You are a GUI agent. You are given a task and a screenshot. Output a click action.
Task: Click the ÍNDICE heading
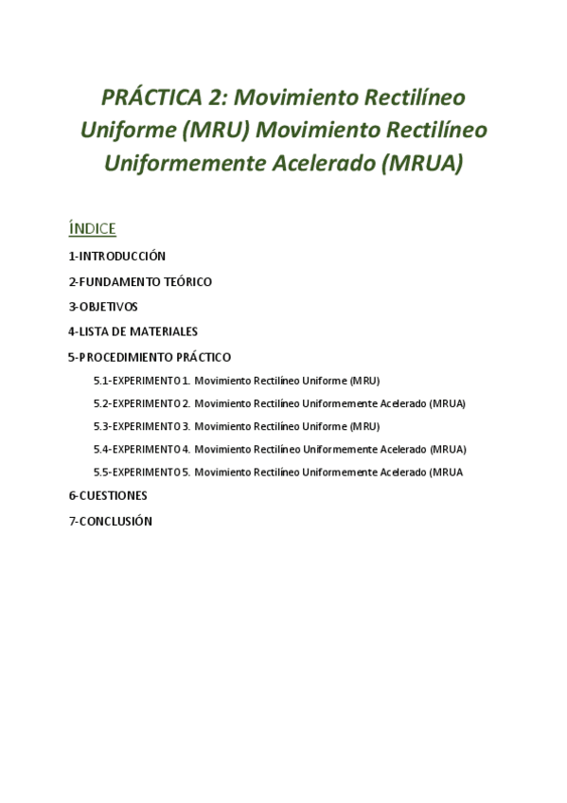pyautogui.click(x=92, y=228)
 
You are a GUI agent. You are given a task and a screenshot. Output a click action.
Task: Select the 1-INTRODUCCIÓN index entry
pyautogui.click(x=116, y=256)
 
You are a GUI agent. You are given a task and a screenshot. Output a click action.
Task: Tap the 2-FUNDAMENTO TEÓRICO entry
pyautogui.click(x=140, y=281)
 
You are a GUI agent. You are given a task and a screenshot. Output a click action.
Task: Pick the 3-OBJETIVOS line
pyautogui.click(x=103, y=307)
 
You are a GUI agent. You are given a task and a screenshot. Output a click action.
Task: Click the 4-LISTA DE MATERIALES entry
pyautogui.click(x=133, y=331)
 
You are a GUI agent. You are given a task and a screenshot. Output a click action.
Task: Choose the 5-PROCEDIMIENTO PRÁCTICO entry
pyautogui.click(x=150, y=357)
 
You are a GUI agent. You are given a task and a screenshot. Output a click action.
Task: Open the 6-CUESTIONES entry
pyautogui.click(x=107, y=495)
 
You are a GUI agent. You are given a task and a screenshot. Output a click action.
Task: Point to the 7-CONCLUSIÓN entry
pyautogui.click(x=110, y=521)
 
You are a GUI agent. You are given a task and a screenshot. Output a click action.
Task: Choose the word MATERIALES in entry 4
pyautogui.click(x=168, y=331)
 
